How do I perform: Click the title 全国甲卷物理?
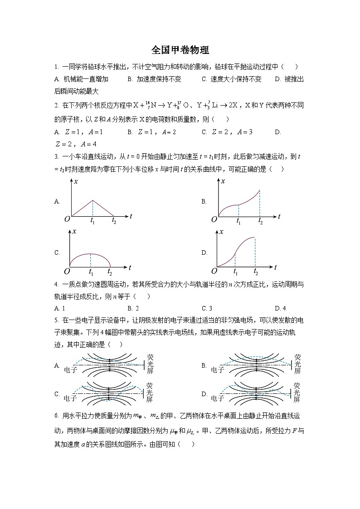point(180,50)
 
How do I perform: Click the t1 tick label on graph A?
point(92,221)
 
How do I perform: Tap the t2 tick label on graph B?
point(260,221)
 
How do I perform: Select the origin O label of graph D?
point(214,271)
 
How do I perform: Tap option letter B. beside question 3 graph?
point(204,202)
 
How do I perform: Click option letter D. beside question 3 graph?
point(204,253)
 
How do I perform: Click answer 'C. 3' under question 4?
point(207,308)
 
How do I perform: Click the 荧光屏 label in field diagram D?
point(297,393)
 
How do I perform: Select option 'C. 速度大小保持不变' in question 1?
point(231,79)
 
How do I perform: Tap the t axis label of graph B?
point(279,217)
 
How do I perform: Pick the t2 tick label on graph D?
point(256,272)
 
